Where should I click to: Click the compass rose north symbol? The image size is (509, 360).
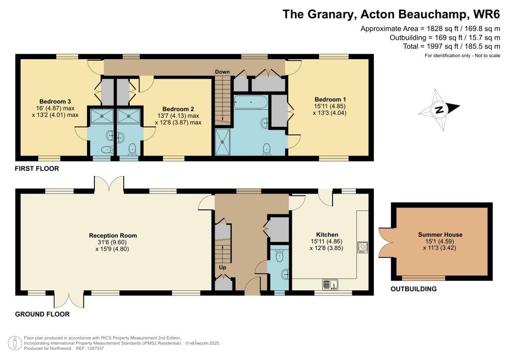(439, 110)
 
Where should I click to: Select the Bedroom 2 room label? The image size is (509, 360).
(177, 109)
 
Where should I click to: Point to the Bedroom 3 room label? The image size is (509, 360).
(49, 101)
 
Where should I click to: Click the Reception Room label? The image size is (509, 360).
(113, 236)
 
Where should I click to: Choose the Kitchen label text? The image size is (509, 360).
(327, 235)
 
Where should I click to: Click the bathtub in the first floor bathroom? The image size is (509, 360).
(251, 103)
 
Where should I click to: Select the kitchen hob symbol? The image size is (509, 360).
(361, 247)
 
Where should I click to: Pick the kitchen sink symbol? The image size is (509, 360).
(331, 284)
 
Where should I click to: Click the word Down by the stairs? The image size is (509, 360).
(222, 72)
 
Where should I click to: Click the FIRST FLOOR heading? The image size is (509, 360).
(37, 169)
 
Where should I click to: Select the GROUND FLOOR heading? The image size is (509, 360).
(42, 314)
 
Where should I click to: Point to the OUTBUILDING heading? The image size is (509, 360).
(414, 289)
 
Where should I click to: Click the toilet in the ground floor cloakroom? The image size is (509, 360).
(279, 256)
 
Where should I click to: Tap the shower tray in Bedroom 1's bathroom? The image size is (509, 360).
(222, 142)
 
